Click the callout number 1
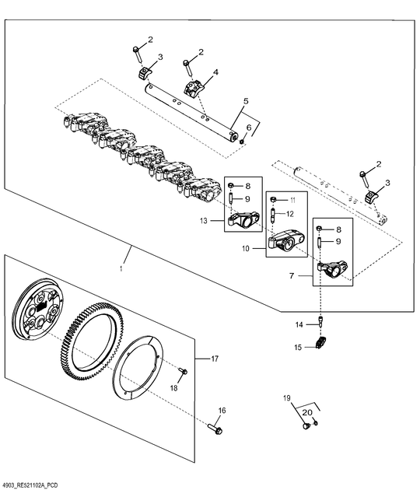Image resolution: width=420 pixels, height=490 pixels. (121, 269)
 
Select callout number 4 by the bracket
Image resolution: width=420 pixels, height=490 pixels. (215, 72)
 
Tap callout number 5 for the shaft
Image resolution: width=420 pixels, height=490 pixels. (246, 101)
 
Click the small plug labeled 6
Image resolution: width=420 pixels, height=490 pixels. (241, 142)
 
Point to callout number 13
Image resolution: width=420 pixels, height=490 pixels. (204, 221)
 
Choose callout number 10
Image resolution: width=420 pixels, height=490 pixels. (246, 248)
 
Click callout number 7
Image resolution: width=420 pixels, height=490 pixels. (292, 276)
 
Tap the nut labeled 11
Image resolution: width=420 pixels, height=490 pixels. (273, 199)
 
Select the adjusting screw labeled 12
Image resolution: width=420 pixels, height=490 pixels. (273, 215)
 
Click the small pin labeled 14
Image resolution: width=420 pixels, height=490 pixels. (321, 321)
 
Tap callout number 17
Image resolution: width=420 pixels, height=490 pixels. (215, 359)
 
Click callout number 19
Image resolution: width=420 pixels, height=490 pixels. (286, 398)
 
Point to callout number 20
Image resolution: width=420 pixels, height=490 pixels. (307, 412)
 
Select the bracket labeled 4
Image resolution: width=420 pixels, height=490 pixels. (194, 88)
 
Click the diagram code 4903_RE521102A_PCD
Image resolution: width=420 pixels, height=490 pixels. (29, 485)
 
